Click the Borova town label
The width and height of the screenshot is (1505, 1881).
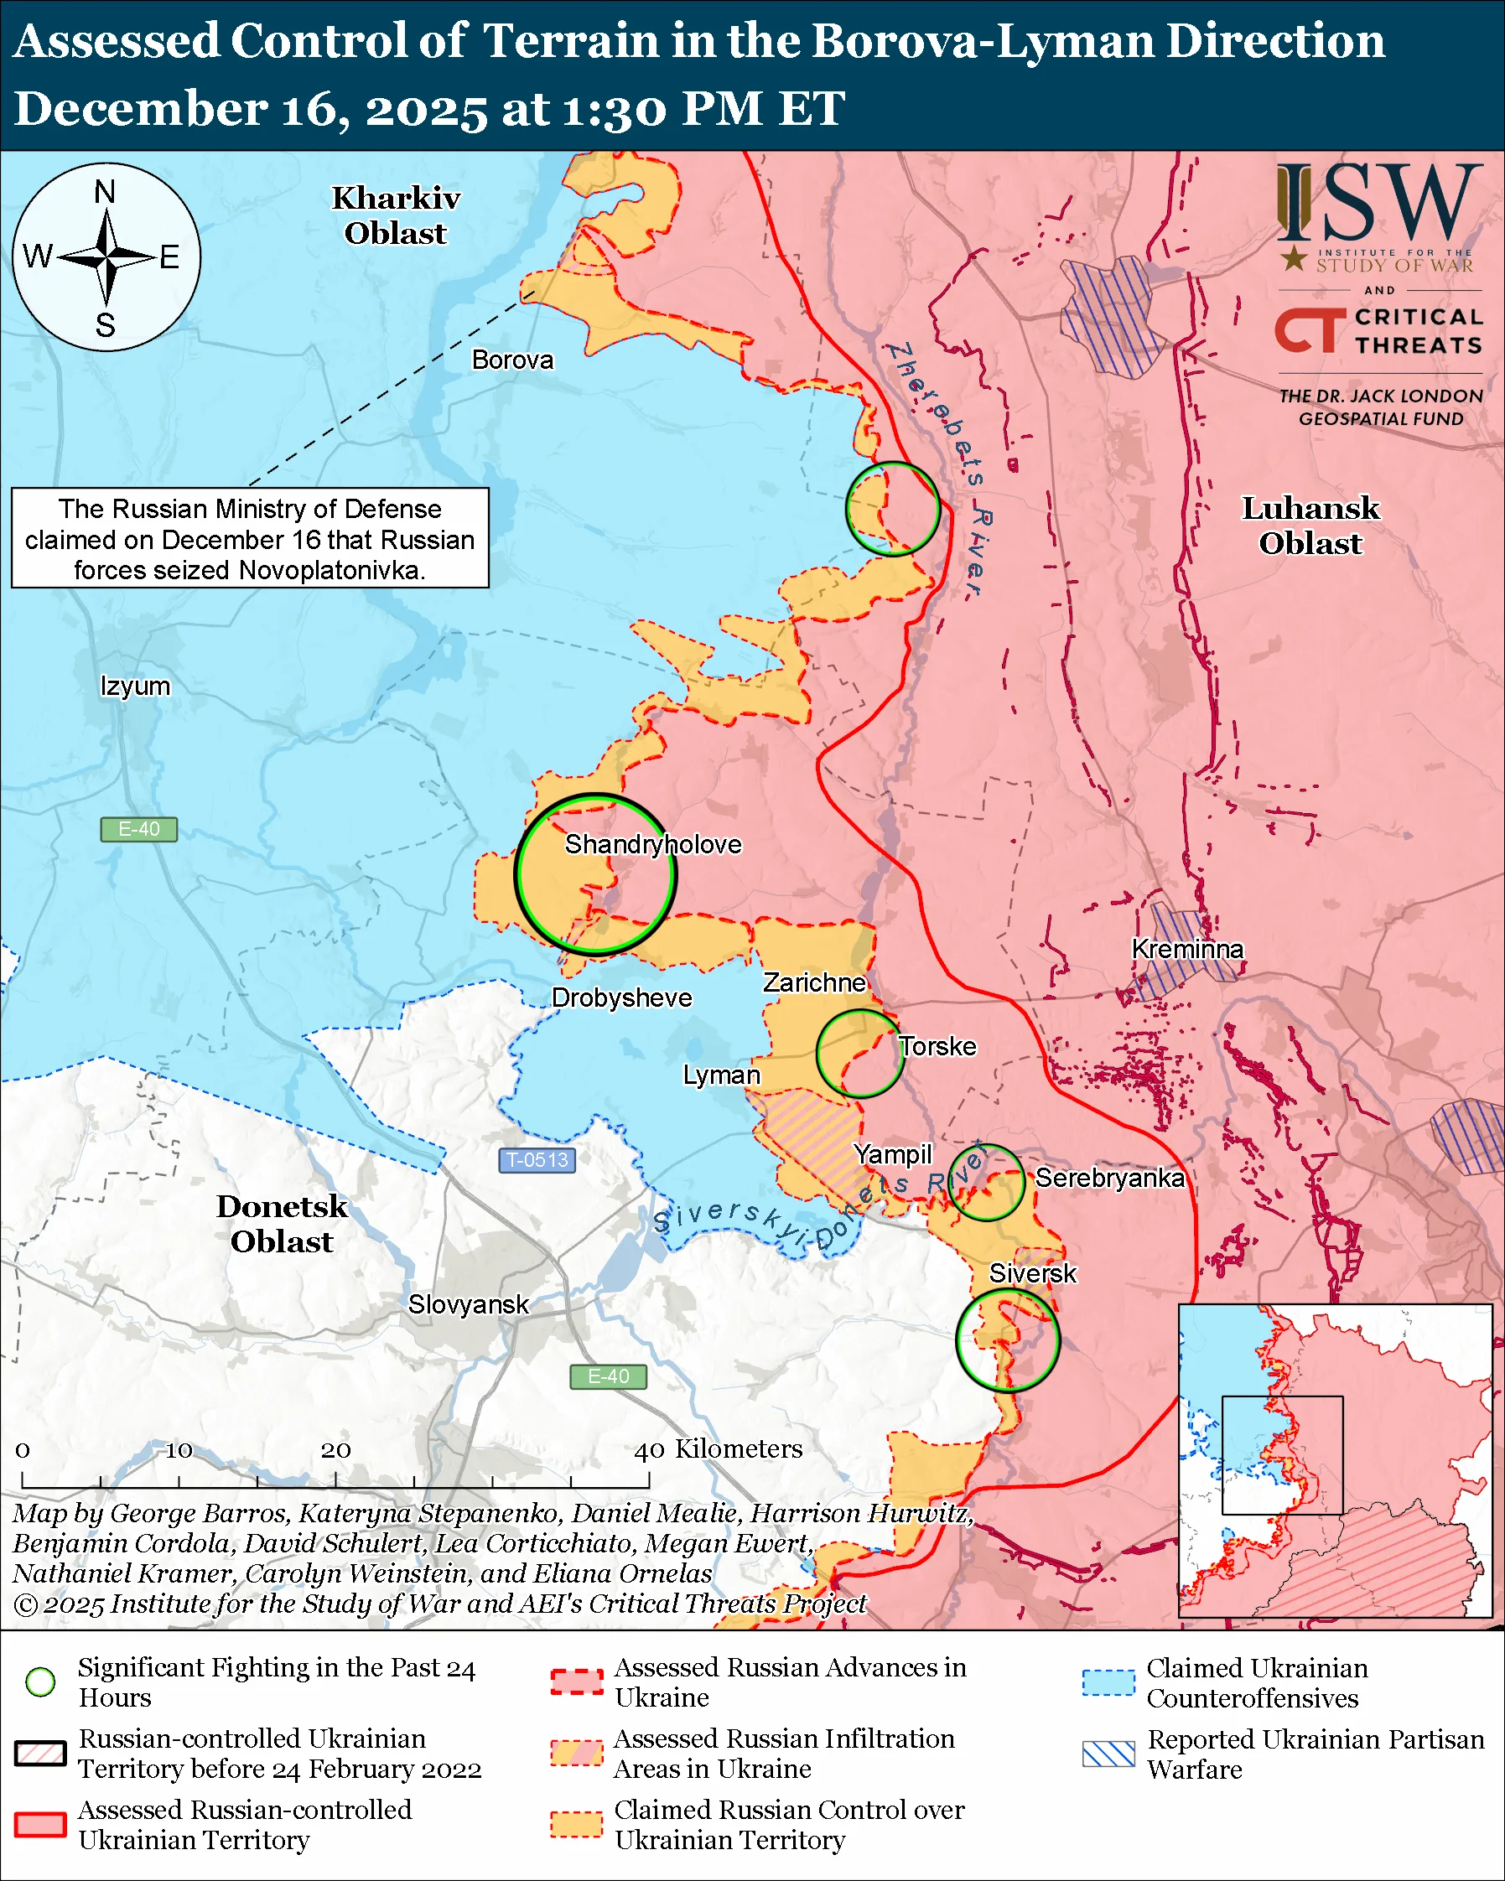512,360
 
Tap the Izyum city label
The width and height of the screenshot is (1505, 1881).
135,686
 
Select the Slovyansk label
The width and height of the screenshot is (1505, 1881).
469,1304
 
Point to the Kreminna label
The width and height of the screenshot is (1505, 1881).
1187,948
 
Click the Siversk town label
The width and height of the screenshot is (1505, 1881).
1032,1273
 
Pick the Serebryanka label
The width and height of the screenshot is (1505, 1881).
1109,1178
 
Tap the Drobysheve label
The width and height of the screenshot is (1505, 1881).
621,997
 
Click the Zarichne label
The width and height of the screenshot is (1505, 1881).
814,982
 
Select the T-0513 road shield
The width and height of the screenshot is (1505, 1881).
537,1159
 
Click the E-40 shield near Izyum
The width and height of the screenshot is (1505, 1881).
138,829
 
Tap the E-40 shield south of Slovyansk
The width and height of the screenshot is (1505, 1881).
608,1376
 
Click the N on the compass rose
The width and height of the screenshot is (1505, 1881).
105,192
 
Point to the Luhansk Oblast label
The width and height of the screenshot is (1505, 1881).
1310,526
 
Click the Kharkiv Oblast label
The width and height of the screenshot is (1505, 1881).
395,215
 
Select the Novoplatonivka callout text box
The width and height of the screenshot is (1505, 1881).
250,538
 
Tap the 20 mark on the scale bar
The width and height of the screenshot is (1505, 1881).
335,1450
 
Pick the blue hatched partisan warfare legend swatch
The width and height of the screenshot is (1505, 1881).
1108,1753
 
